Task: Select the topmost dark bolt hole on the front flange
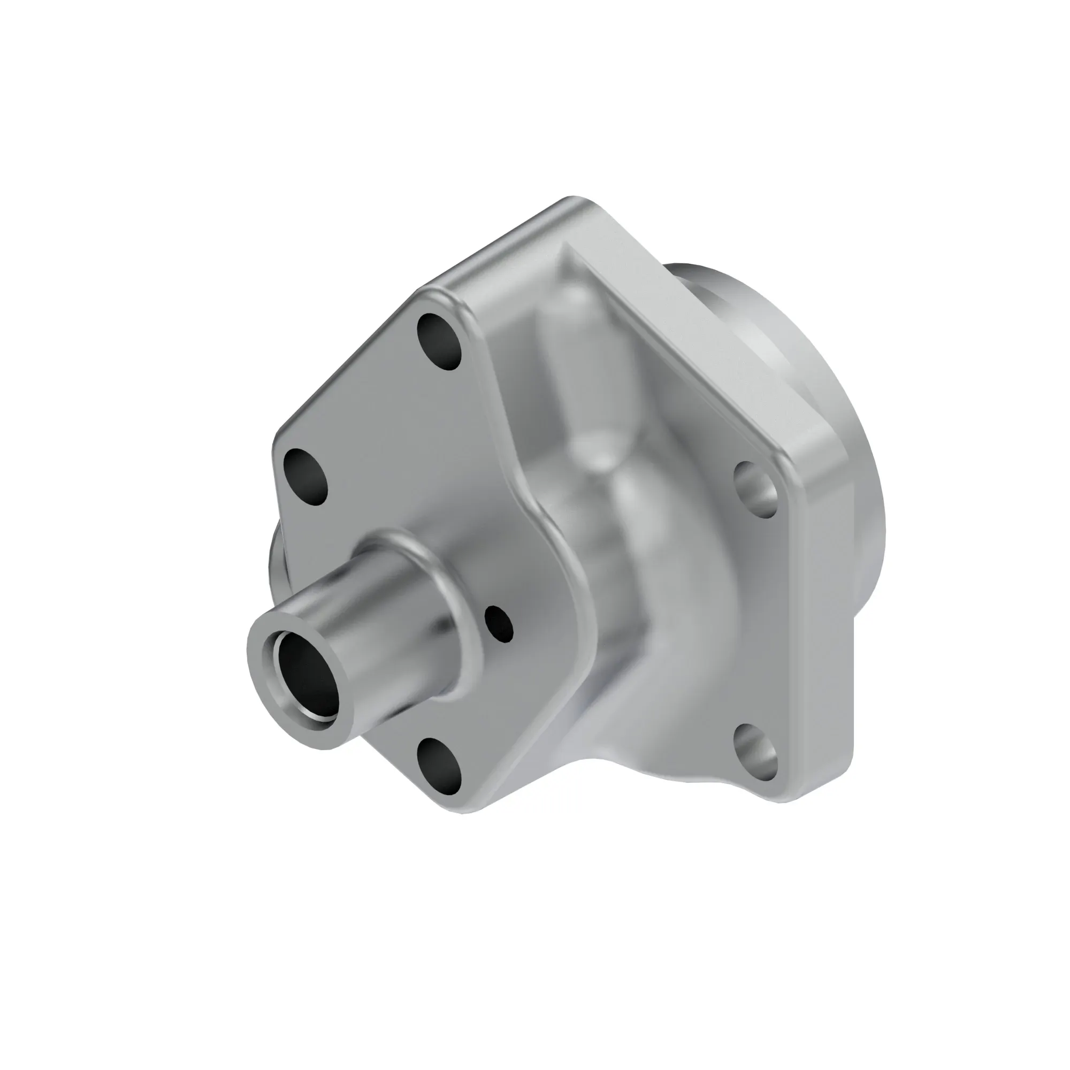pos(439,341)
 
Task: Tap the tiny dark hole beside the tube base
pos(499,624)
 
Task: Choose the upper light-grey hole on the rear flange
pos(756,489)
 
